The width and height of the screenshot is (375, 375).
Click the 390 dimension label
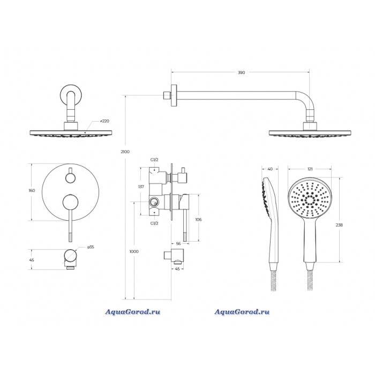[x=241, y=72]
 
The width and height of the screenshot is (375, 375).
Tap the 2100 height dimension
[x=125, y=152]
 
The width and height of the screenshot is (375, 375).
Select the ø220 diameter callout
[x=104, y=121]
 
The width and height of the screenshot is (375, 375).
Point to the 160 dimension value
[x=32, y=190]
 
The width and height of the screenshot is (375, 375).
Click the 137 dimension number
[x=141, y=186]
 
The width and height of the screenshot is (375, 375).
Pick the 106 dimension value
[x=198, y=219]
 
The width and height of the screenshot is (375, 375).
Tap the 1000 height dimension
[x=134, y=251]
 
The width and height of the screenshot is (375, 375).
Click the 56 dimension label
[x=178, y=243]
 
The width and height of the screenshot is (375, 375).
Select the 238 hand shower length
[x=339, y=225]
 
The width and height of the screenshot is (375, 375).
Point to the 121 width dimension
[x=310, y=169]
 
